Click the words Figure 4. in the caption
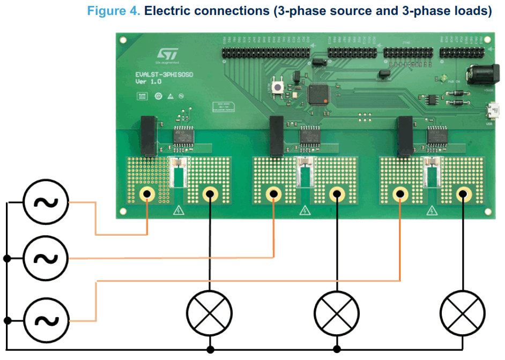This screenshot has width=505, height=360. (x=113, y=11)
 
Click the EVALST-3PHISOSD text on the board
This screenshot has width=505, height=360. (x=164, y=74)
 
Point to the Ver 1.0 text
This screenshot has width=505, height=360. (x=148, y=81)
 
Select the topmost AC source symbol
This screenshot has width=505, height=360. (x=46, y=202)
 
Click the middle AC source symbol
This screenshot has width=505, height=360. (x=46, y=258)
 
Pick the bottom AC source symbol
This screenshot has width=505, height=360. (x=46, y=320)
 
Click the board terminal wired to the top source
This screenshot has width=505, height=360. (x=146, y=194)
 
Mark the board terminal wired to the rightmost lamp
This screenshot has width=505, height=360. (x=463, y=194)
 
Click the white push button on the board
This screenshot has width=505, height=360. (x=279, y=87)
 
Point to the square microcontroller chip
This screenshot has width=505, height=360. (x=321, y=94)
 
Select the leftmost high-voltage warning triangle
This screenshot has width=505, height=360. (x=177, y=211)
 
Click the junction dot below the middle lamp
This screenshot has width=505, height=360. (x=336, y=349)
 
